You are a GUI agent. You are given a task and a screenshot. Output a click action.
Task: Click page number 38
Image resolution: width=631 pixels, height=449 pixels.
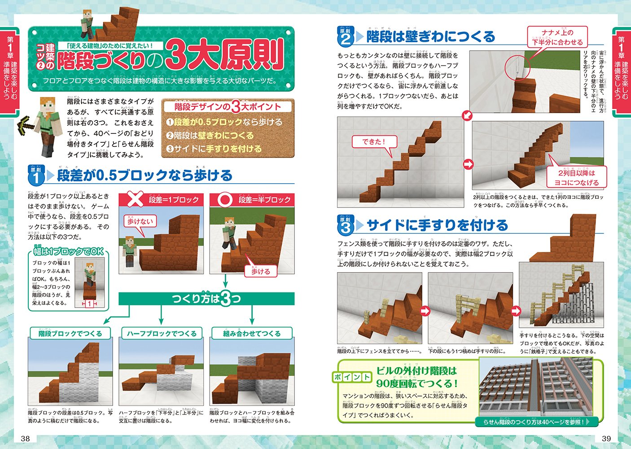(25, 438)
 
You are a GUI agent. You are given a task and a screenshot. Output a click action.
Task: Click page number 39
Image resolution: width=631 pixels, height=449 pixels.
(606, 438)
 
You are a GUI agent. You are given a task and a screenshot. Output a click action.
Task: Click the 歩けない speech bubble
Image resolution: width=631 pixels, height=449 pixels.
(140, 221)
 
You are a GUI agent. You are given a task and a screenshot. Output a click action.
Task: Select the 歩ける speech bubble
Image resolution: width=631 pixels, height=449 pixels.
(261, 271)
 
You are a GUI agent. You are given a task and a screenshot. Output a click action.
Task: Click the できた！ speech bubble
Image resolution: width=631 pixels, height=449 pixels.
(374, 142)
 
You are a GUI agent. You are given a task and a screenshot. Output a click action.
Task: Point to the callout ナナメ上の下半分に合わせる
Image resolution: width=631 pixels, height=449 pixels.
(557, 37)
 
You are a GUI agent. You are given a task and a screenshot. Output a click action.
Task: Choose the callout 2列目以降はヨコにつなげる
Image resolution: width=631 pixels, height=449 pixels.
(576, 178)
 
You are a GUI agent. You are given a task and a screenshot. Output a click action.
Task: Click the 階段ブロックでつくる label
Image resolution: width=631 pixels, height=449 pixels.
(70, 333)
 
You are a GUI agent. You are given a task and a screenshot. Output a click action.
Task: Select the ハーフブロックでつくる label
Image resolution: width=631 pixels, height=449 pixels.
(162, 333)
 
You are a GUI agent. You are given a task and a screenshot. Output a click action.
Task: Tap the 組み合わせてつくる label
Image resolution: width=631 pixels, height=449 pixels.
(252, 333)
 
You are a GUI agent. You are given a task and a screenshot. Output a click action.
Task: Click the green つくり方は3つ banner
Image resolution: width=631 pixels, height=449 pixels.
(206, 299)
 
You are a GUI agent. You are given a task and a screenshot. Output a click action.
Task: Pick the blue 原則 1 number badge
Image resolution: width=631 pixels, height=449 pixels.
(36, 176)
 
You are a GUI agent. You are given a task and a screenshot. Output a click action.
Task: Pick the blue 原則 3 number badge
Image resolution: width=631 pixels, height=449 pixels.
(345, 225)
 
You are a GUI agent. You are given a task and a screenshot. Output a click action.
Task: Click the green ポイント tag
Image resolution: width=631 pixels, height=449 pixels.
(352, 377)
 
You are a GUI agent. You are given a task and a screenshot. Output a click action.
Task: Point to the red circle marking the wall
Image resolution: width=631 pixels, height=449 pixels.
(517, 70)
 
